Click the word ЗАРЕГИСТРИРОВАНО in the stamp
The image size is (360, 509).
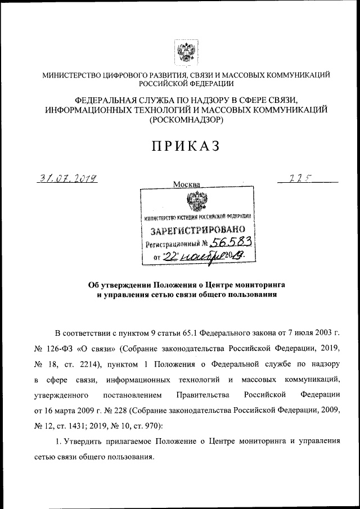(197, 231)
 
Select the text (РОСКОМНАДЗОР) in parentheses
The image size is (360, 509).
(186, 119)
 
